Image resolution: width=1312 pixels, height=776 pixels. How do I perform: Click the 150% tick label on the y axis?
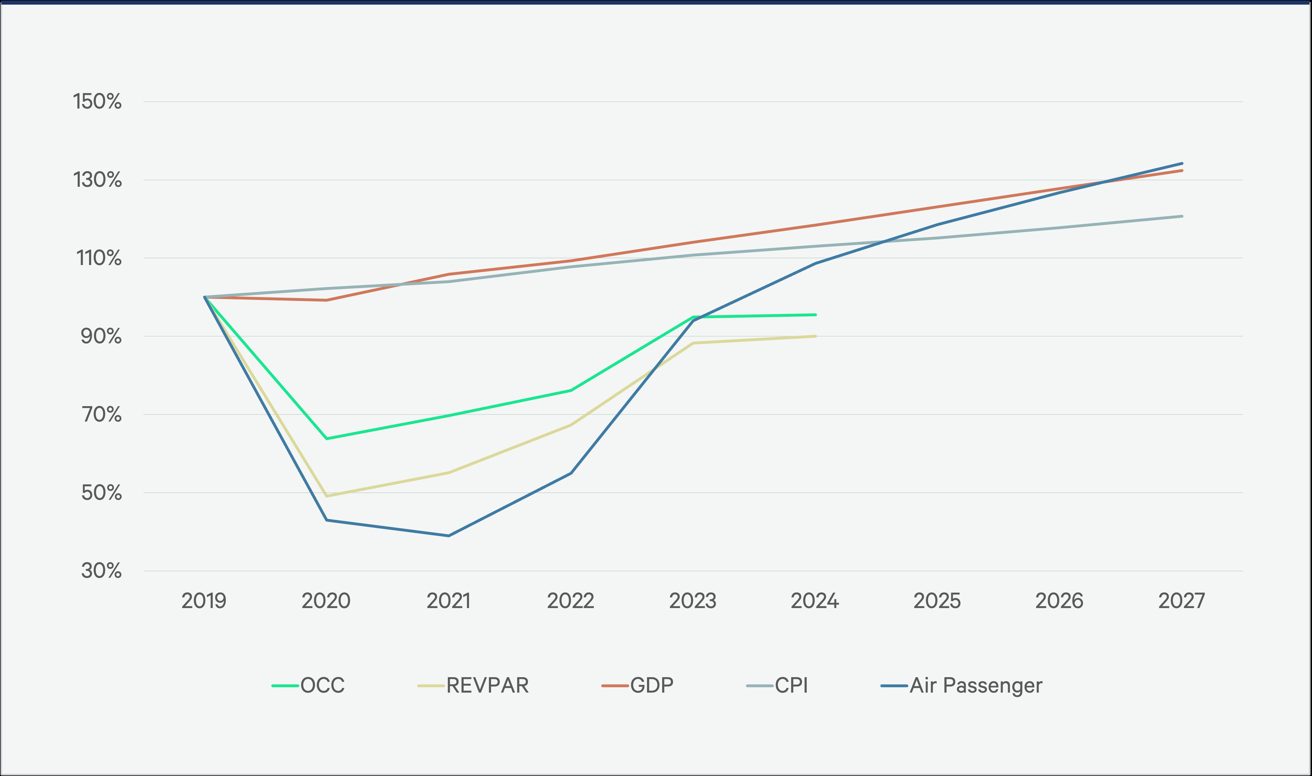(97, 101)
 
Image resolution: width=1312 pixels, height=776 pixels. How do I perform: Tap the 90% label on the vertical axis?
(101, 336)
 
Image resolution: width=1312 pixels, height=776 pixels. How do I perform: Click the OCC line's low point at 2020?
(327, 438)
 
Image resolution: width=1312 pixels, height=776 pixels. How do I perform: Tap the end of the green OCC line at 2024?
(815, 315)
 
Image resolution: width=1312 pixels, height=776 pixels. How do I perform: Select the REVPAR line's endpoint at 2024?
(815, 336)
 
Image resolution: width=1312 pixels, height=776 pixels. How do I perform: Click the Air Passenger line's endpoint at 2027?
(1182, 164)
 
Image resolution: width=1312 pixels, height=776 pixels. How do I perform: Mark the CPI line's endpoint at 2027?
(1182, 216)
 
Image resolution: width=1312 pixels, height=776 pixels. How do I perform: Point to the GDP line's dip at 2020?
(327, 300)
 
